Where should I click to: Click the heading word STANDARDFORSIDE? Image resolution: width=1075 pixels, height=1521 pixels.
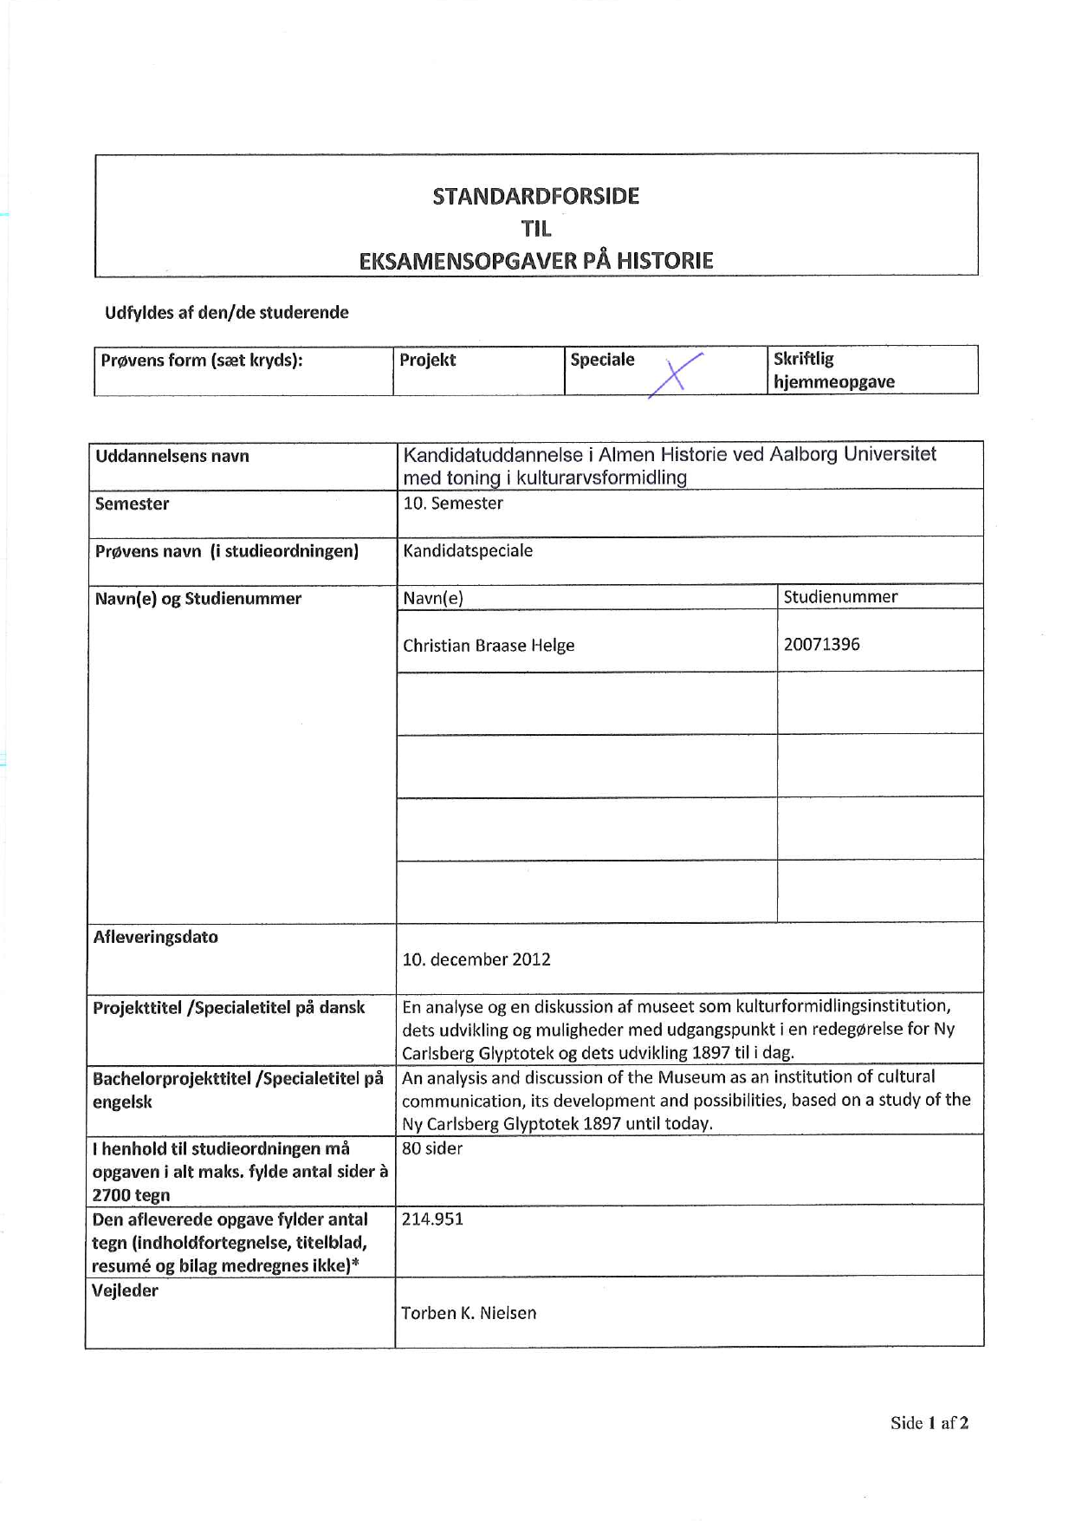(x=535, y=196)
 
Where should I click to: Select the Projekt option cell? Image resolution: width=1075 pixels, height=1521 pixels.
(x=428, y=361)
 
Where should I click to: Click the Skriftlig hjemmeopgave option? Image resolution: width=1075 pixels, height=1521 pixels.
(x=833, y=370)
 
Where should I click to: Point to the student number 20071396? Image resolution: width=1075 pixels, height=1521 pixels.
(x=821, y=644)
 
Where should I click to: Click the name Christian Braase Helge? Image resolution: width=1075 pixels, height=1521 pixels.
(x=489, y=646)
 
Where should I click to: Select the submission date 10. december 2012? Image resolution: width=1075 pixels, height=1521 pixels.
(x=476, y=959)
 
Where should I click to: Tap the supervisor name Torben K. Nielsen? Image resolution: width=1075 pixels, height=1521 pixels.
(x=469, y=1313)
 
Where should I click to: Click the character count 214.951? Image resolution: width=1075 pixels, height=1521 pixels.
(x=432, y=1219)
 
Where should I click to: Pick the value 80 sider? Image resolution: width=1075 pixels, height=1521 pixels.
(x=432, y=1148)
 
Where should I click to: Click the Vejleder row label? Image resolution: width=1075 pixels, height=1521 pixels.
(x=125, y=1290)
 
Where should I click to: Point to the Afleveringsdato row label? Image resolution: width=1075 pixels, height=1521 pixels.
(x=156, y=937)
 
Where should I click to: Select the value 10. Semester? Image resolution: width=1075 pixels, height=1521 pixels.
(x=453, y=504)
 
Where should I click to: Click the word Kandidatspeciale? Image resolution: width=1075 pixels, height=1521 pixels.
(x=468, y=551)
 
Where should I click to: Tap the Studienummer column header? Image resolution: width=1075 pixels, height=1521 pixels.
(x=840, y=596)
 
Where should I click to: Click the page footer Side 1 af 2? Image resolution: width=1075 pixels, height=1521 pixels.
(x=929, y=1423)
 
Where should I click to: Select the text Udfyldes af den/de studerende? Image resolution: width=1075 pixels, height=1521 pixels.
(x=227, y=313)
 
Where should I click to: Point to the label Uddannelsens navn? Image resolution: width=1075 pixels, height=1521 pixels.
(x=172, y=456)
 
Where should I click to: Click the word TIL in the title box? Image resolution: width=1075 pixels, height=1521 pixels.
(x=536, y=229)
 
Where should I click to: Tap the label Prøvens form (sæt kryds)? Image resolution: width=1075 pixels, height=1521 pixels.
(x=202, y=361)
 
